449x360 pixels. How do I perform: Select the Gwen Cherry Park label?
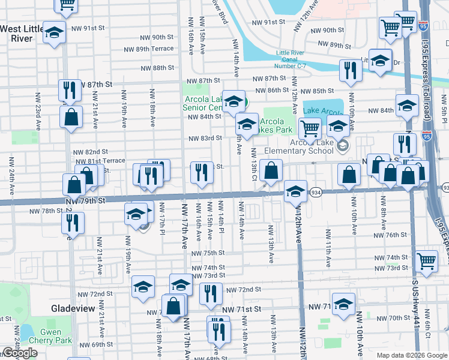click(x=55, y=337)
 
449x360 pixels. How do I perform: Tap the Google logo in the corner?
click(x=19, y=353)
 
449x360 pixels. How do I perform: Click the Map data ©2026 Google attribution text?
click(x=411, y=355)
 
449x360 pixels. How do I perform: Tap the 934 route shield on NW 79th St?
click(x=316, y=192)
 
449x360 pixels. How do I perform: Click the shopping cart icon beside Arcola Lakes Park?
click(x=310, y=127)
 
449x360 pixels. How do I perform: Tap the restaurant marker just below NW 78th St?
click(x=73, y=223)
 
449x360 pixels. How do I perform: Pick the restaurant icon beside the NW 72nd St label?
click(x=211, y=293)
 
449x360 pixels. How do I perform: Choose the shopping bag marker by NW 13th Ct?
click(x=271, y=170)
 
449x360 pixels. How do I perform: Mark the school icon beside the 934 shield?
click(x=295, y=191)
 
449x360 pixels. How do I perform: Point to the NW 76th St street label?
click(x=396, y=235)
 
